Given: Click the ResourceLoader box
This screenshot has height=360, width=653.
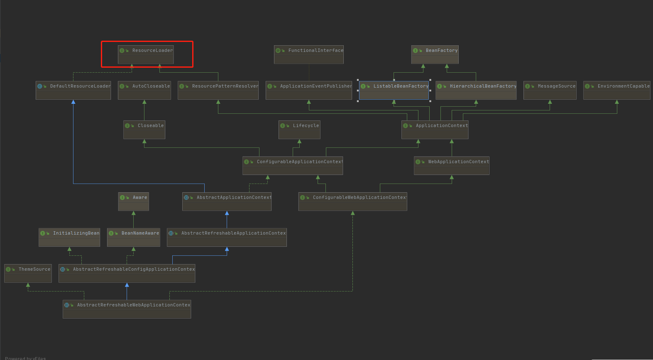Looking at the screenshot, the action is pyautogui.click(x=146, y=54).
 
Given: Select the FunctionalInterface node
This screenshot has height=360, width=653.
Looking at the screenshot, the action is pyautogui.click(x=308, y=54).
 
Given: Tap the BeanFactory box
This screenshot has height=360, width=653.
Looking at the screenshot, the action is pyautogui.click(x=435, y=54).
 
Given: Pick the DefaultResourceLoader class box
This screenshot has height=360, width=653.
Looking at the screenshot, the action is pyautogui.click(x=73, y=90).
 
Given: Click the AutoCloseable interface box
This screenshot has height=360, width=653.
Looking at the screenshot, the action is pyautogui.click(x=144, y=90).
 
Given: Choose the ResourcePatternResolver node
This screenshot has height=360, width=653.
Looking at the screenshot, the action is pyautogui.click(x=218, y=90).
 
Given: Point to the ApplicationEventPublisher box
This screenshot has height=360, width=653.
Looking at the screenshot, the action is pyautogui.click(x=308, y=90).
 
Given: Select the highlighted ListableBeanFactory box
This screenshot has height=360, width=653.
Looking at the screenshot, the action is pyautogui.click(x=394, y=90).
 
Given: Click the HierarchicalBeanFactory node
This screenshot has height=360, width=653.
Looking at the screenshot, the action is pyautogui.click(x=476, y=90).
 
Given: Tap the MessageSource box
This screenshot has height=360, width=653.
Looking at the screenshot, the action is pyautogui.click(x=550, y=90).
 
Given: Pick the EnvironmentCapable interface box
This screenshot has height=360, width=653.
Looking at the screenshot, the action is pyautogui.click(x=616, y=90).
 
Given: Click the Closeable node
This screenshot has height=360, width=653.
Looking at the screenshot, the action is pyautogui.click(x=144, y=130).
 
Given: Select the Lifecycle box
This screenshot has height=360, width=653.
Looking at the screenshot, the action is pyautogui.click(x=299, y=130).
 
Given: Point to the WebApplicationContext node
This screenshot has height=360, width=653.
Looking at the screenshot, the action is pyautogui.click(x=451, y=166).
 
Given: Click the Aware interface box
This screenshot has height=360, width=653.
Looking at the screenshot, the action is pyautogui.click(x=133, y=201).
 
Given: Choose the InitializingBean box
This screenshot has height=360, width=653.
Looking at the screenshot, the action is pyautogui.click(x=69, y=237).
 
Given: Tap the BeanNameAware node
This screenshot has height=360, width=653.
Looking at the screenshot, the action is pyautogui.click(x=133, y=237).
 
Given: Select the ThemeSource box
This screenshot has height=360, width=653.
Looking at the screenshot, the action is pyautogui.click(x=28, y=273).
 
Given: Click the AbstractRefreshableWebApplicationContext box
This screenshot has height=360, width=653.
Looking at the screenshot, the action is pyautogui.click(x=127, y=309).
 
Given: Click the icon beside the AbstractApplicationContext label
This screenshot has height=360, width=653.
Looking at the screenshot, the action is pyautogui.click(x=186, y=198).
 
